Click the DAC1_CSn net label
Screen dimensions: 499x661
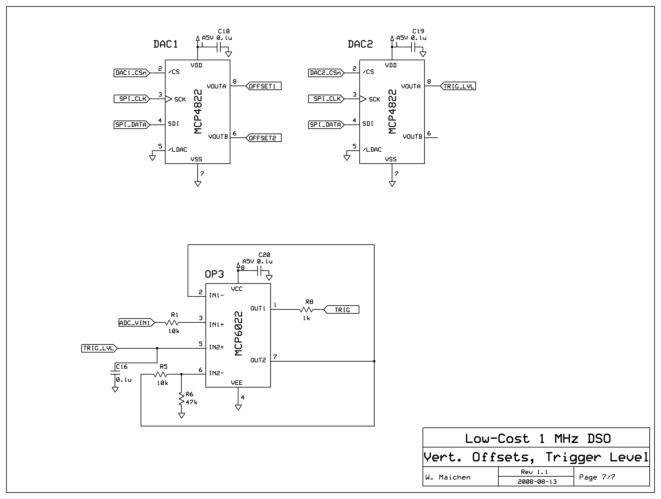pos(132,73)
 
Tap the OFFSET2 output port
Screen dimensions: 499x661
pos(263,138)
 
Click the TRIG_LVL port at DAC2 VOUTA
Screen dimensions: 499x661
pos(458,86)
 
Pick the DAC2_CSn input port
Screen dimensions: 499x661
pos(326,73)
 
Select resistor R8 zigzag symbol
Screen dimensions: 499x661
pos(307,310)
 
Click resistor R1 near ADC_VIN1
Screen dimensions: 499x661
pos(172,323)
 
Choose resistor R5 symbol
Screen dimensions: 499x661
pos(160,375)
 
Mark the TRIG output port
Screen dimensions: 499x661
pos(342,310)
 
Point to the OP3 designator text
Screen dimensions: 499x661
pos(214,274)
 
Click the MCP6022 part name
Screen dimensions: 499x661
pos(238,334)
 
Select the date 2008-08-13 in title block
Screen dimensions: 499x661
pos(537,482)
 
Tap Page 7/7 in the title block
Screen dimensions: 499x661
pos(597,477)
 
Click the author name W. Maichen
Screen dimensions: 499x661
pos(448,477)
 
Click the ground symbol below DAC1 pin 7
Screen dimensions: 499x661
pos(198,184)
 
